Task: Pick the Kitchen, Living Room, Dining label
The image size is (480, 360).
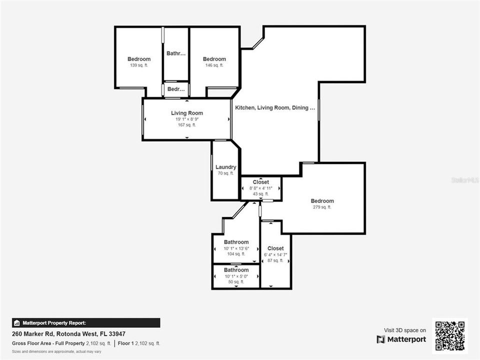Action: pyautogui.click(x=274, y=107)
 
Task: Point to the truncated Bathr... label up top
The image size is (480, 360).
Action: pyautogui.click(x=176, y=53)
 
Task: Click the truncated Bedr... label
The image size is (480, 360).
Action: pyautogui.click(x=176, y=89)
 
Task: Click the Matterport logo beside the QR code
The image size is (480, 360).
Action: pyautogui.click(x=401, y=339)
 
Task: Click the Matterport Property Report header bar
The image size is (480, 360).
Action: pyautogui.click(x=86, y=323)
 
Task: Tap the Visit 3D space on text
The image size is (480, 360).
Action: pyautogui.click(x=404, y=330)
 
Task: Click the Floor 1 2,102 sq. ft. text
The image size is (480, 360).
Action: pyautogui.click(x=139, y=343)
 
